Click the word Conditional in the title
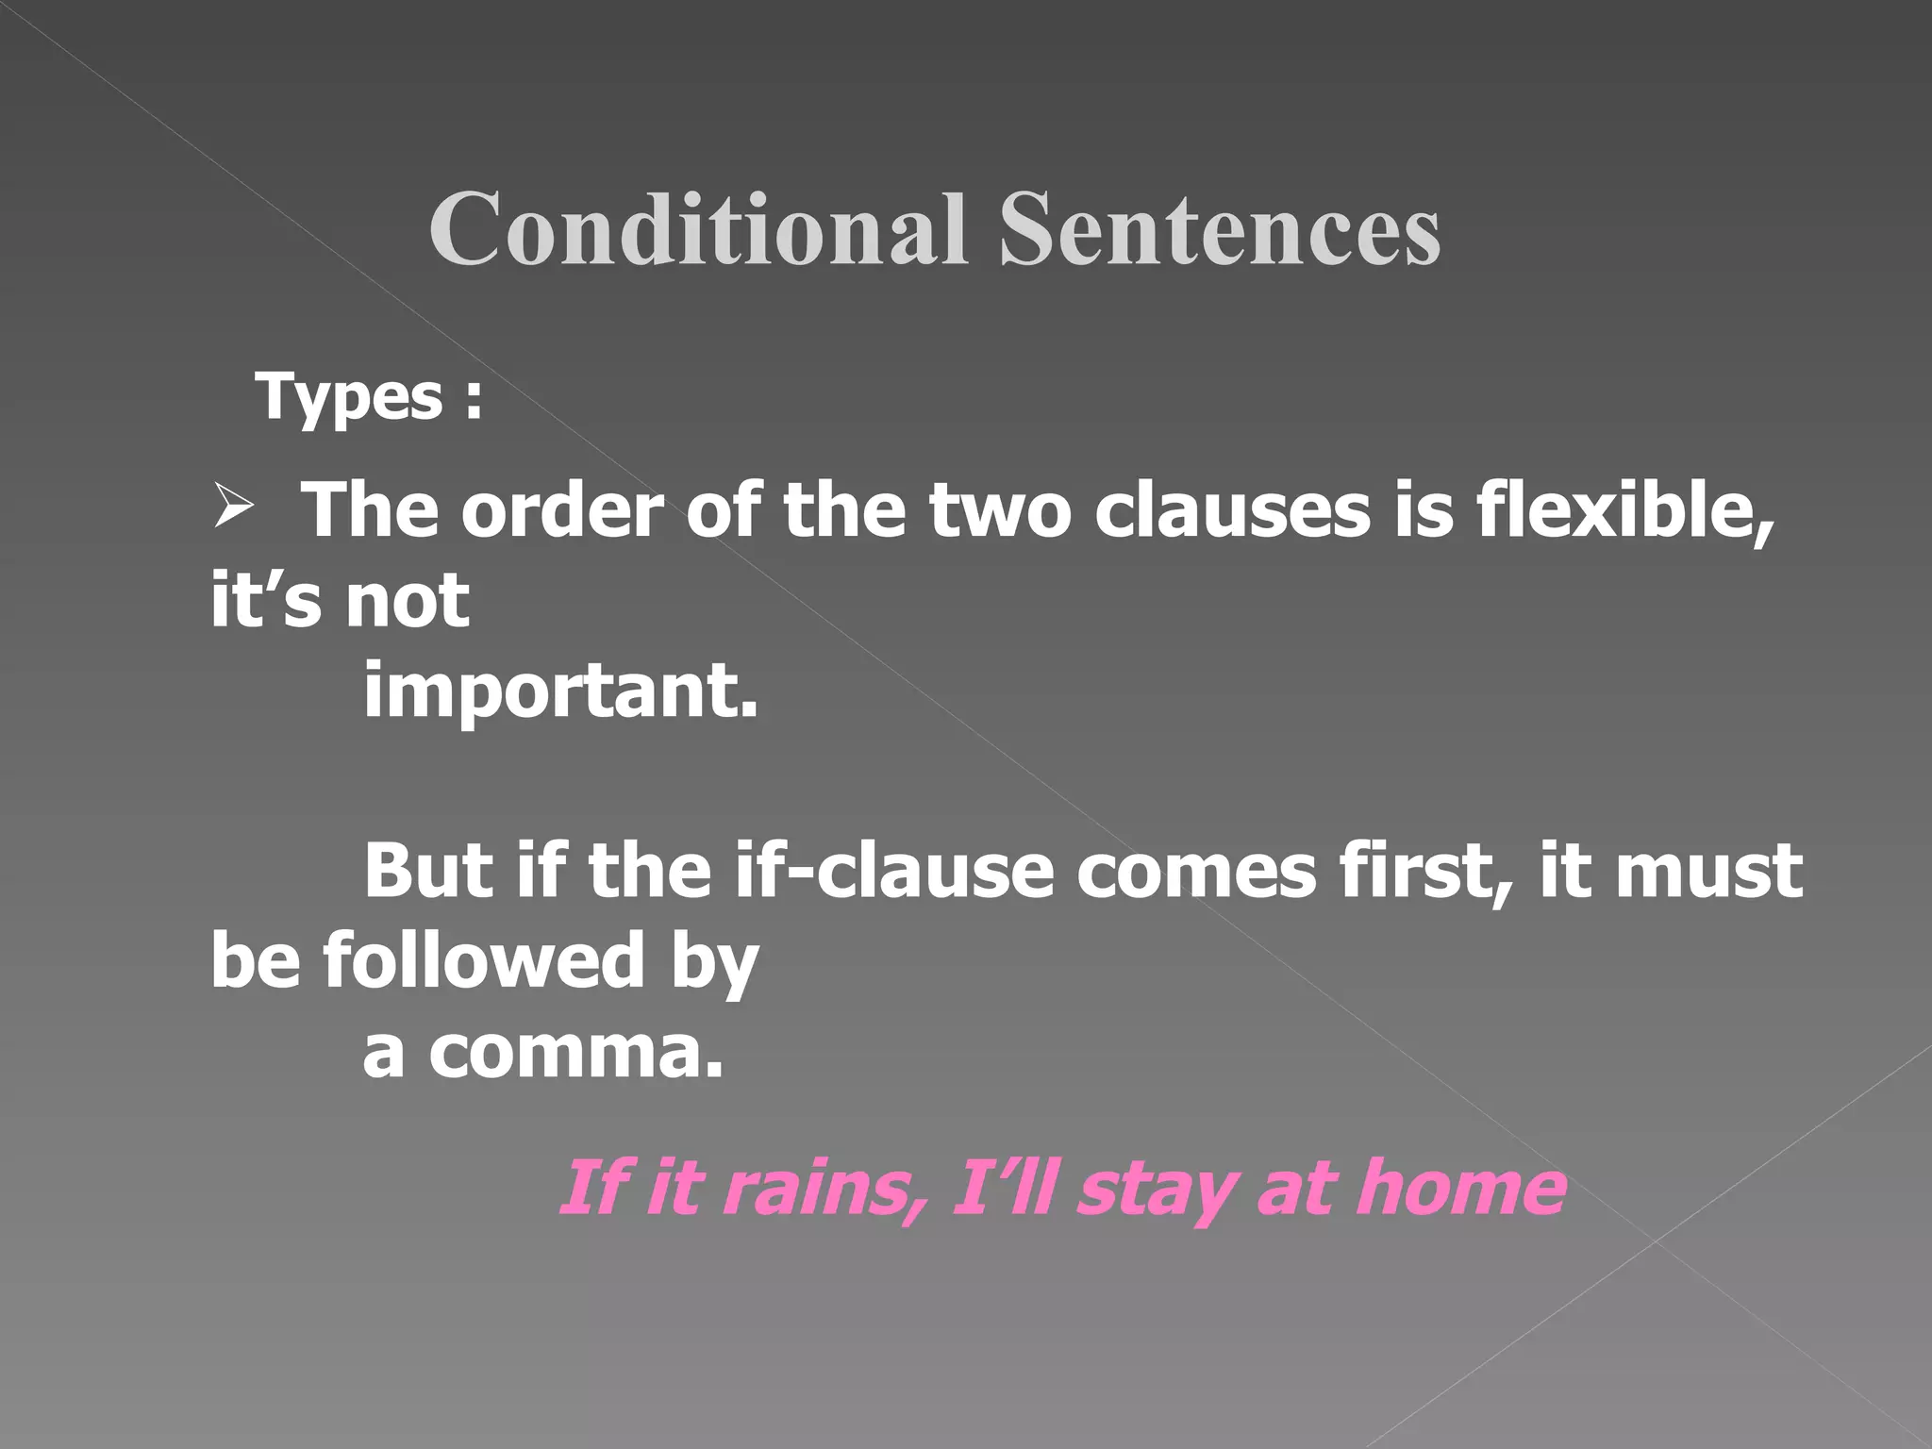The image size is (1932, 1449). (698, 229)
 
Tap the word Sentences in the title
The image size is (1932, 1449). (1219, 229)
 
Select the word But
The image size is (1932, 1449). (427, 870)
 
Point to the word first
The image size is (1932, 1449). (1424, 870)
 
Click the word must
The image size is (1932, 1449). (1708, 870)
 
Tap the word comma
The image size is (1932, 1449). (575, 1051)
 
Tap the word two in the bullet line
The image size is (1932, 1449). (1000, 510)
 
